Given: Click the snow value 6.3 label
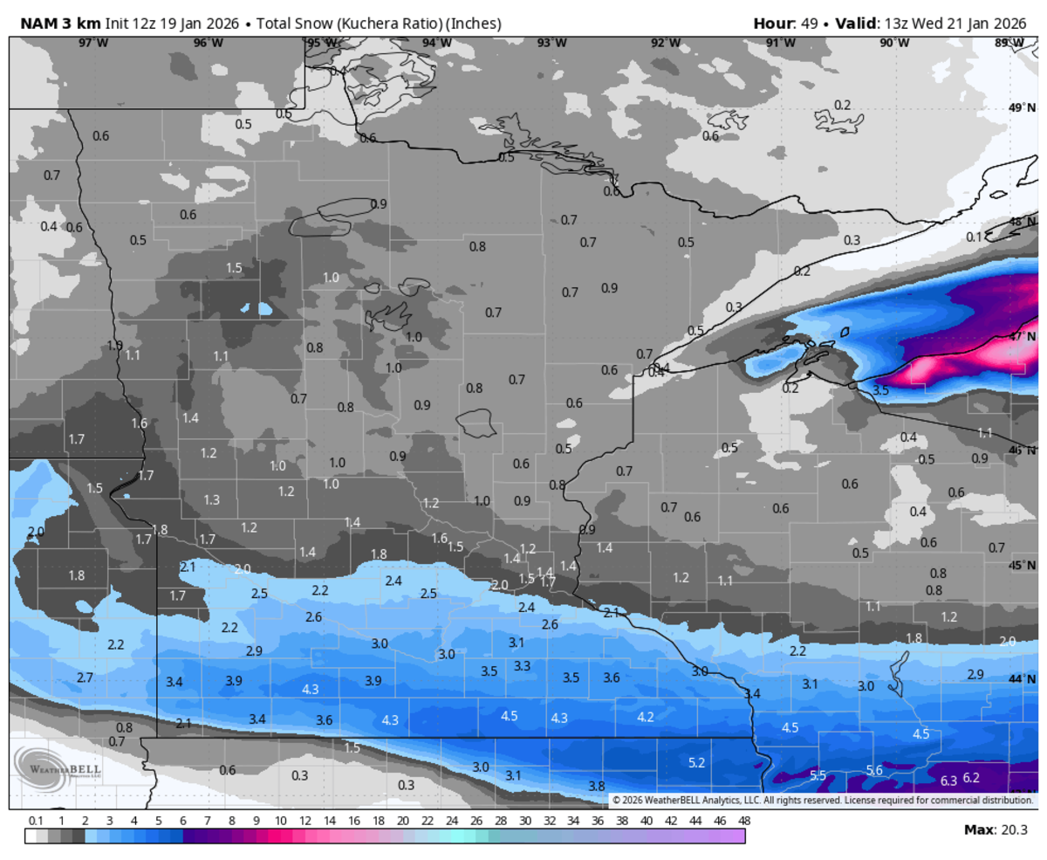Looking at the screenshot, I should coord(948,780).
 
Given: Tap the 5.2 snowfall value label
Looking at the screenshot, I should coord(696,763).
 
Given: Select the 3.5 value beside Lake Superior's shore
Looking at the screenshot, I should coord(880,390).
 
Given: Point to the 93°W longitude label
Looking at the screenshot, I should coord(551,43).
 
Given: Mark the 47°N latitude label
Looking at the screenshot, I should coord(1022,336).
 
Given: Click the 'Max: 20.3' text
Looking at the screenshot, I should coord(995,829).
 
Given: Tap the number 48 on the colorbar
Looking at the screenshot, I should coord(743,821).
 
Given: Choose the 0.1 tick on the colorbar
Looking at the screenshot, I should coord(36,821).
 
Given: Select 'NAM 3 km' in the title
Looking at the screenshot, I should coord(54,23).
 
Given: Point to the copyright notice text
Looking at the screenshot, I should coord(821,800).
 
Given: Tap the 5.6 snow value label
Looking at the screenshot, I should coord(874,770).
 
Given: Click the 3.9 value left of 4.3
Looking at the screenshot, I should coord(234,680).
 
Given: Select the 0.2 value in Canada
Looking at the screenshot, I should coord(842,105).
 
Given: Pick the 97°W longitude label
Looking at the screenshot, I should coord(86,43).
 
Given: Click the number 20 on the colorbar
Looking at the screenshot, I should coord(402,821).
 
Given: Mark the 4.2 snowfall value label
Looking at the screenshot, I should coord(646,717).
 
